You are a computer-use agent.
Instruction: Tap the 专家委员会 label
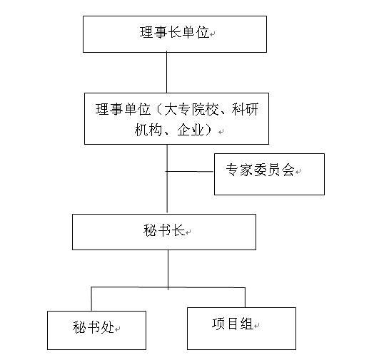tap(260, 170)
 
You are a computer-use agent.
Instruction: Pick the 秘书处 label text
tap(94, 326)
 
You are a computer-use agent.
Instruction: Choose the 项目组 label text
tap(233, 324)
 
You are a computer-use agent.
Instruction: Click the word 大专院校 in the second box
tap(191, 109)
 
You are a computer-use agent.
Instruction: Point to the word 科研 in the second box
tap(245, 109)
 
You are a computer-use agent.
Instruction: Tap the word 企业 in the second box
tap(191, 129)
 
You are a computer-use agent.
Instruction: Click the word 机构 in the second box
tap(148, 129)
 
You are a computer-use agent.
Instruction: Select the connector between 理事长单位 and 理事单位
tap(167, 73)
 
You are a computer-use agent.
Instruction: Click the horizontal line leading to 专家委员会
tap(190, 171)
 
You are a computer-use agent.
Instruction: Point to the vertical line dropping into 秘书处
tap(91, 299)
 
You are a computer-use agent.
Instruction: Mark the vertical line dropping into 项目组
tap(245, 297)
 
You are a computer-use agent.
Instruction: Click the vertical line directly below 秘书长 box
tap(168, 269)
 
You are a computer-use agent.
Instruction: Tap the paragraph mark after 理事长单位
tap(212, 34)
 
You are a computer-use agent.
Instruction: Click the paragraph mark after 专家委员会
tap(298, 172)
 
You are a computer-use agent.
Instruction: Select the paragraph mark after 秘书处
tap(117, 329)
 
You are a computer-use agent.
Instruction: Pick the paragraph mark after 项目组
tap(256, 326)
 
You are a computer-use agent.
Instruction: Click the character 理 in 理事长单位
tap(146, 32)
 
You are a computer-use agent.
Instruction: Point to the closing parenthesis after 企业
tap(209, 129)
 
